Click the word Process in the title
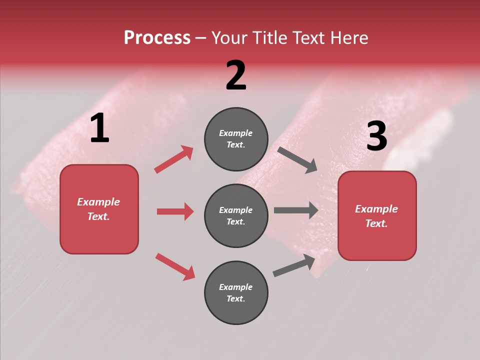(x=157, y=38)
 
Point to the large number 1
(x=99, y=128)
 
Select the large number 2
(x=236, y=75)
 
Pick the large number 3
(x=376, y=136)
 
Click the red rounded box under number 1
(x=99, y=209)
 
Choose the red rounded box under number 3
(x=377, y=216)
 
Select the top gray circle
(x=236, y=139)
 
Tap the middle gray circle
(x=236, y=215)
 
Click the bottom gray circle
(x=236, y=292)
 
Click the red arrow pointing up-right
(x=174, y=159)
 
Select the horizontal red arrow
(x=175, y=211)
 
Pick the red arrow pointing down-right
(x=175, y=266)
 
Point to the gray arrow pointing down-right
(x=297, y=159)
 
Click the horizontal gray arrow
(x=296, y=210)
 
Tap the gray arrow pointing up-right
(x=294, y=265)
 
